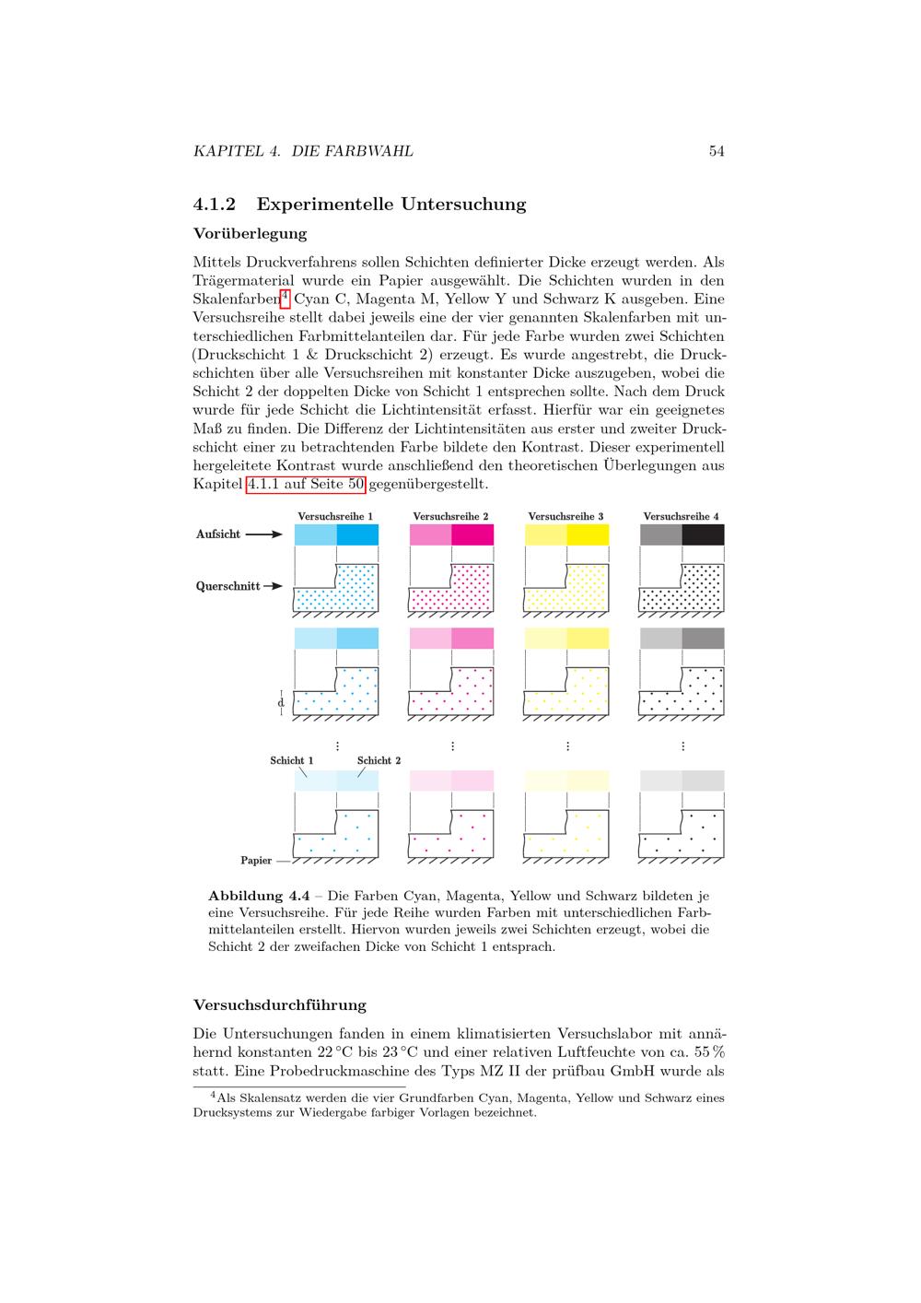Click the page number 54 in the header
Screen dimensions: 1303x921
[x=717, y=151]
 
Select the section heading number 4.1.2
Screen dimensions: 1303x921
[x=215, y=205]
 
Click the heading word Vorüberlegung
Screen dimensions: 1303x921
[x=250, y=234]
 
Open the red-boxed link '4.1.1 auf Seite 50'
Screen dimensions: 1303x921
[x=306, y=484]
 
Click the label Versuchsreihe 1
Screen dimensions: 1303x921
[x=335, y=517]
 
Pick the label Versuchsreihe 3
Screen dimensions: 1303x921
[x=565, y=517]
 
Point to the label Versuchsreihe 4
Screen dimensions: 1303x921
[x=681, y=517]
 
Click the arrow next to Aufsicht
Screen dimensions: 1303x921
[x=264, y=534]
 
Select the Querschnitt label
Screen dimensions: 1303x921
[x=227, y=586]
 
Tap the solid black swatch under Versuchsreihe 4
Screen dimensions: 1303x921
[x=703, y=534]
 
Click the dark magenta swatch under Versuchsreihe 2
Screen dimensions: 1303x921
[x=472, y=534]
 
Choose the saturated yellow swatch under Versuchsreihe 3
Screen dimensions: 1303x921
[x=588, y=534]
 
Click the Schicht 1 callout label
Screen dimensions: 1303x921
[x=291, y=761]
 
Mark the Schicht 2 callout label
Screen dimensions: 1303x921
[x=379, y=761]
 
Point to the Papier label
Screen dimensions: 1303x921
[x=256, y=861]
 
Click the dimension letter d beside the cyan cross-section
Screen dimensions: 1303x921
[x=281, y=703]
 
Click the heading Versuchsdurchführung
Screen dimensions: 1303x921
[x=280, y=1005]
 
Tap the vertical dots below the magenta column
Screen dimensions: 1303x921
[x=452, y=746]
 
